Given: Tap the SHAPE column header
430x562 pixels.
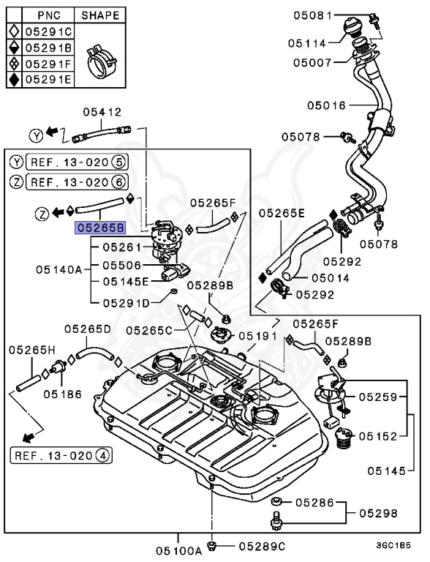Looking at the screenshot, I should tap(99, 15).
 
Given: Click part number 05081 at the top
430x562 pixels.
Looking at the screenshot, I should tap(313, 15).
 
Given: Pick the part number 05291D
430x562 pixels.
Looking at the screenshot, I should tap(126, 301).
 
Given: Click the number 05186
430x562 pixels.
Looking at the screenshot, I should tap(62, 393).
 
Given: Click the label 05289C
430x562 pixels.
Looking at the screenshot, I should tap(260, 545).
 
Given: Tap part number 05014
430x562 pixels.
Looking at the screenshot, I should tap(331, 278).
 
